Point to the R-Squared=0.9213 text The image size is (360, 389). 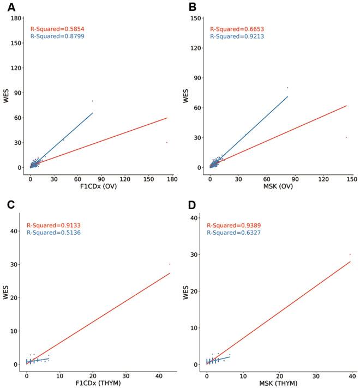point(237,37)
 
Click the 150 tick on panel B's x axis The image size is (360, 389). point(352,178)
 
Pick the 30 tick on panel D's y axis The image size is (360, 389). point(195,254)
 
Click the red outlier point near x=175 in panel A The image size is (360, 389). point(167,142)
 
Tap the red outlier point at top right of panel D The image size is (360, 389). point(350,254)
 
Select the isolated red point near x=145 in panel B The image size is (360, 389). point(346,137)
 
